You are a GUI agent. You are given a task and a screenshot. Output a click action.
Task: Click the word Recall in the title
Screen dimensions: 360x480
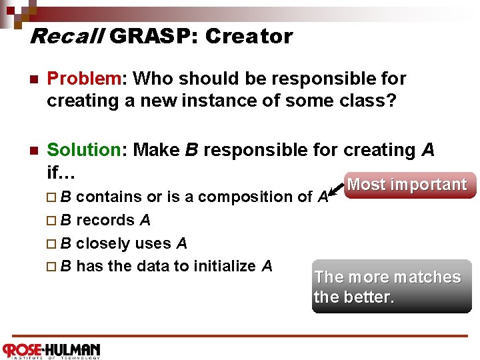tap(66, 36)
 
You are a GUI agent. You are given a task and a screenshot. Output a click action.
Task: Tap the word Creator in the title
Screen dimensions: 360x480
tap(249, 36)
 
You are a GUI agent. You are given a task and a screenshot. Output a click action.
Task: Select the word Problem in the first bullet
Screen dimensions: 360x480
tap(82, 79)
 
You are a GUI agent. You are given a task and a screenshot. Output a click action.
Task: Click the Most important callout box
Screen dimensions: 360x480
tap(407, 185)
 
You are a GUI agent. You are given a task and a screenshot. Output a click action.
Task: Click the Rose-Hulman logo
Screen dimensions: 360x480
tap(51, 351)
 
